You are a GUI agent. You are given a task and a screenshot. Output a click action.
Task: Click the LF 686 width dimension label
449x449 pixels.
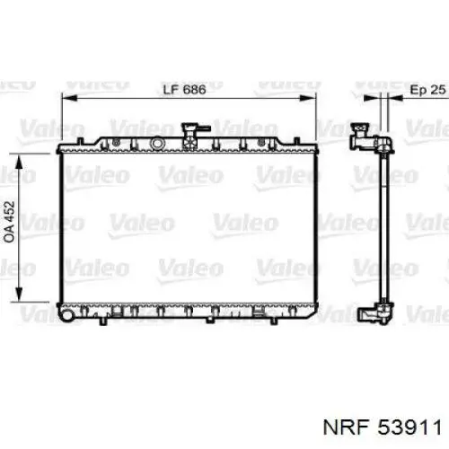point(184,89)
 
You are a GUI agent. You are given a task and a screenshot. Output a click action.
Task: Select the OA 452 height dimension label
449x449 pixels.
point(10,222)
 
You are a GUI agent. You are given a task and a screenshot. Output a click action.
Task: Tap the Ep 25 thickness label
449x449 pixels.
point(427,89)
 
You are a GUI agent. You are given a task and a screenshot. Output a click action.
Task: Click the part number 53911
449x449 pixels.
point(409,427)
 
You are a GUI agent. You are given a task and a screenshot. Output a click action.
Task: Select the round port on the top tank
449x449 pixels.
point(157,143)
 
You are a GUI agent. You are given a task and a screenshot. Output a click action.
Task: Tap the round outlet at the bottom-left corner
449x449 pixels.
point(66,315)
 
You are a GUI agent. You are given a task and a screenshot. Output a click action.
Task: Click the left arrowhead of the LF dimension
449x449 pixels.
point(69,98)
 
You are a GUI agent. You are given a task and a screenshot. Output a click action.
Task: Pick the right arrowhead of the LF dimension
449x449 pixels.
point(308,98)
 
